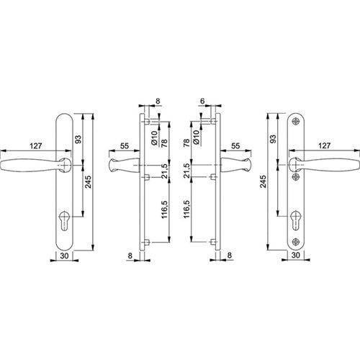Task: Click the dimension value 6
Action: pos(202,101)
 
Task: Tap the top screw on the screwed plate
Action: pos(295,122)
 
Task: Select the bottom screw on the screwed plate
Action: pos(295,242)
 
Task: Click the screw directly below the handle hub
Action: pos(295,177)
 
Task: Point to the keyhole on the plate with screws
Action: pos(295,220)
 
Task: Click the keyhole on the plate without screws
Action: pos(64,220)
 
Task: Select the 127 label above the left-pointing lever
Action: pos(36,145)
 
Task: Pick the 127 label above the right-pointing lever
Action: pos(324,145)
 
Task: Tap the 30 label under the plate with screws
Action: pos(295,255)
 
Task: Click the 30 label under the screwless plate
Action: pos(64,256)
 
